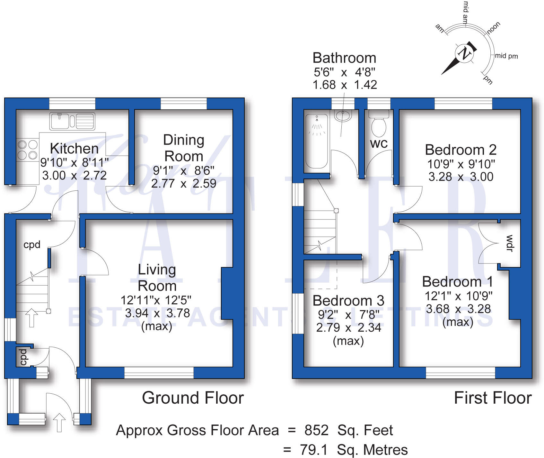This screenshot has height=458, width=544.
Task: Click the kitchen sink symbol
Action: pos(72,121)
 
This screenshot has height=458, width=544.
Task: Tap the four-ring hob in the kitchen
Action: pos(27,150)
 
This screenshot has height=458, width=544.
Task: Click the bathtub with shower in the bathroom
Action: pos(316,142)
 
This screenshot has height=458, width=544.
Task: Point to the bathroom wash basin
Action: pos(343,115)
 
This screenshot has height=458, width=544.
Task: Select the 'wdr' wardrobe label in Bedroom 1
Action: pos(510,243)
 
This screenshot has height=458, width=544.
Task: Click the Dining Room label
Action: pos(184,148)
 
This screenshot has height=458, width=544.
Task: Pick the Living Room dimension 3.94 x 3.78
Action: pos(157,313)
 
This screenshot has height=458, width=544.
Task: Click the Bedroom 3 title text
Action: pos(348,301)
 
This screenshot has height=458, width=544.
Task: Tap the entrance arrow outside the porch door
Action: pos(59,422)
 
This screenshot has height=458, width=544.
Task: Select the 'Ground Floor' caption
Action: pos(193,398)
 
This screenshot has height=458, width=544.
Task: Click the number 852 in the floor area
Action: pos(316,430)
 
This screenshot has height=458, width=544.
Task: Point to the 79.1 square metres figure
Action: pos(314,450)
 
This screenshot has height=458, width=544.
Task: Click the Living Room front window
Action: pos(159,372)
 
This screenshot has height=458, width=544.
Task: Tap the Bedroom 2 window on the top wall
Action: pos(463,104)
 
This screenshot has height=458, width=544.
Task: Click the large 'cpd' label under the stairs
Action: pos(32,245)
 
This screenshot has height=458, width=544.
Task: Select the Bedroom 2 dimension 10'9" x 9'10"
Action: pos(461,164)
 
